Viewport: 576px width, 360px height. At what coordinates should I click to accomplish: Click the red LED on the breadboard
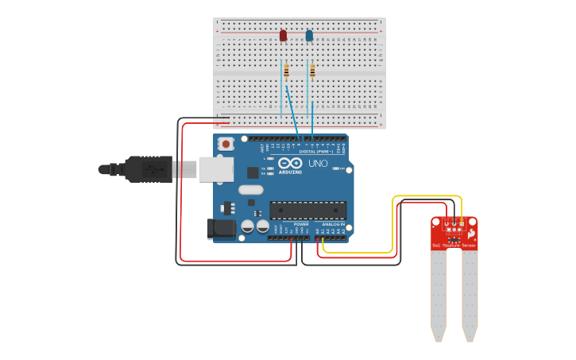283,36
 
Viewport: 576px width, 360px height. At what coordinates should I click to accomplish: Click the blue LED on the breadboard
309,36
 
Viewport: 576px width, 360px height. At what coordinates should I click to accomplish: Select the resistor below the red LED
286,72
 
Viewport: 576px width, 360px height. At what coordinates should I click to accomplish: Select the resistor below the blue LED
312,72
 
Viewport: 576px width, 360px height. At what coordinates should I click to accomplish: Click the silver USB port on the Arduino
215,168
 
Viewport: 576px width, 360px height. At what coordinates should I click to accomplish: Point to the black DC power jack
221,229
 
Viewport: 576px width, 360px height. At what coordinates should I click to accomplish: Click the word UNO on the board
318,164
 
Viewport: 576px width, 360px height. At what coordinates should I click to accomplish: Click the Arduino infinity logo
289,163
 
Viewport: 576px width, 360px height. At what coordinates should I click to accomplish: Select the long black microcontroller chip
307,210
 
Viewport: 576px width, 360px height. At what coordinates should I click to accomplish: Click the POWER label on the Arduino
301,225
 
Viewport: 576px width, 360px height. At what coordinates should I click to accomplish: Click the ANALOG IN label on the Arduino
333,225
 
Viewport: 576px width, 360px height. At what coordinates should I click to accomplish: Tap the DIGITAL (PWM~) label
316,151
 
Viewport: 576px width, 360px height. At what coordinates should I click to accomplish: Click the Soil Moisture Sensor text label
454,246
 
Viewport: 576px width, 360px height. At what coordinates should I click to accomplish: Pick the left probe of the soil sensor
438,294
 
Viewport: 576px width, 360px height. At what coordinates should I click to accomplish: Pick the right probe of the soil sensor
470,294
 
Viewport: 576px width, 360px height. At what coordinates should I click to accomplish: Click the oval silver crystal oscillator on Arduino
250,189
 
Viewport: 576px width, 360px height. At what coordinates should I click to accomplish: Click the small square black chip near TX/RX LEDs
253,172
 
